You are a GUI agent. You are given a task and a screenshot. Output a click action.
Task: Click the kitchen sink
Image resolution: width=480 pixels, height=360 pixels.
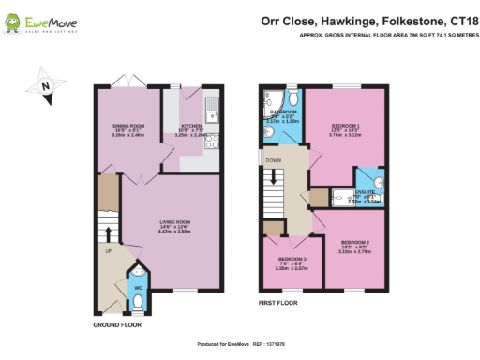[x=213, y=111]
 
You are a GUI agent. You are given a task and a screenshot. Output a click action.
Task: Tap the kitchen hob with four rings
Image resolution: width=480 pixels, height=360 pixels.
[x=212, y=142]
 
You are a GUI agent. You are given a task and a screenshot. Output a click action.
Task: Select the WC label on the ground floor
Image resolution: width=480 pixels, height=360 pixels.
[x=137, y=287]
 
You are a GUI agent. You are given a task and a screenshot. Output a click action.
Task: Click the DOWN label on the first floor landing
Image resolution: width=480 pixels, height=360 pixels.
[x=273, y=160]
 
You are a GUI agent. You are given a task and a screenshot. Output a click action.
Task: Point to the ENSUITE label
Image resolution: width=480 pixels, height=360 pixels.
[x=364, y=191]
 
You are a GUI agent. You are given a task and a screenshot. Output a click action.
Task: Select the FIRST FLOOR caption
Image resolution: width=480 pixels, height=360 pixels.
[x=280, y=304]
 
